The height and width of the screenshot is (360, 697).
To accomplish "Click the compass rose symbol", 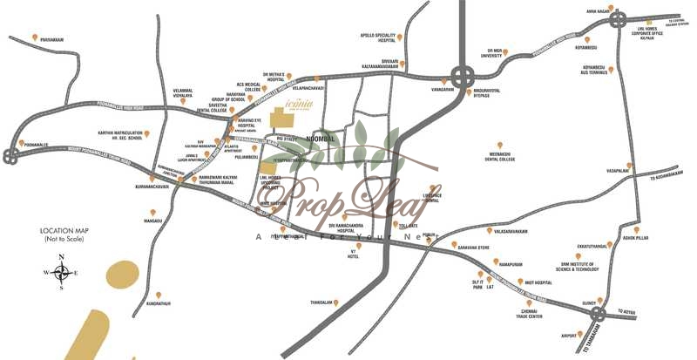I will (62, 272).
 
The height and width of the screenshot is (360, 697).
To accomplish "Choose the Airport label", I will (570, 334).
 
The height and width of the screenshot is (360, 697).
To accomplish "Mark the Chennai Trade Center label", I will (531, 315).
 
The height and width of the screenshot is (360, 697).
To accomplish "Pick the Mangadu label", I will (153, 221).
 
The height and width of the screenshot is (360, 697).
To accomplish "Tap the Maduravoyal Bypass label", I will (491, 92).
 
